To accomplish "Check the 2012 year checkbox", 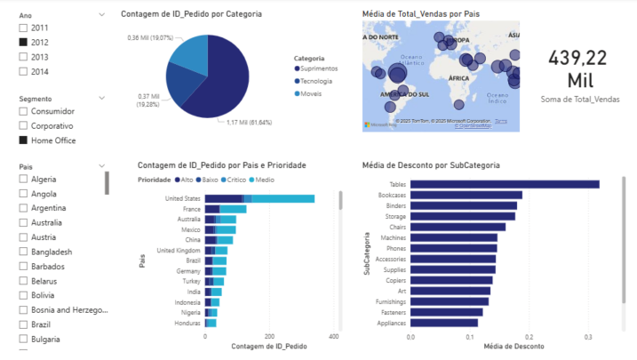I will (x=23, y=42).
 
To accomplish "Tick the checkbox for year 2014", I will (x=23, y=71).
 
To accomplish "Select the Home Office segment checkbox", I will (x=23, y=140).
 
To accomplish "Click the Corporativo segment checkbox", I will (x=23, y=126).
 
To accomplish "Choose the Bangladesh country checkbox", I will (x=23, y=252).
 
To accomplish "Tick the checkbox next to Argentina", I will (x=23, y=209).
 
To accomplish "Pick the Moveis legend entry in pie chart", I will (x=315, y=92).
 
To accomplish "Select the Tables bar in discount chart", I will (x=504, y=184).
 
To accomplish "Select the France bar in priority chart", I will (x=226, y=209).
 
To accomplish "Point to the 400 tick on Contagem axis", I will (x=333, y=338).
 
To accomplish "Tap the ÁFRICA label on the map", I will (x=458, y=79).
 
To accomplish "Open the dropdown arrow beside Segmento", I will (x=102, y=98).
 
